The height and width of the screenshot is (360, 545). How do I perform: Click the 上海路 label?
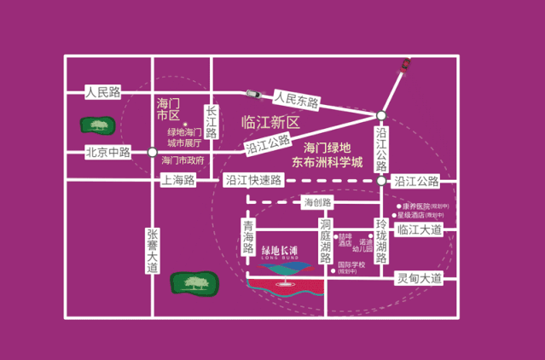pyautogui.click(x=178, y=180)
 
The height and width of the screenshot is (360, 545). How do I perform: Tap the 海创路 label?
pyautogui.click(x=317, y=202)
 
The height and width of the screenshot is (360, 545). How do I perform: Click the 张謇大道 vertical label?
pyautogui.click(x=153, y=252)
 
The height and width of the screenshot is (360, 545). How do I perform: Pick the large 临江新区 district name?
pyautogui.click(x=270, y=122)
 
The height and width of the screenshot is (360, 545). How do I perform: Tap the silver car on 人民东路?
pyautogui.click(x=254, y=93)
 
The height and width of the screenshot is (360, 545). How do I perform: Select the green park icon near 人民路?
pyautogui.click(x=98, y=126)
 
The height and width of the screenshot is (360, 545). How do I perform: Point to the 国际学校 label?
pyautogui.click(x=350, y=265)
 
